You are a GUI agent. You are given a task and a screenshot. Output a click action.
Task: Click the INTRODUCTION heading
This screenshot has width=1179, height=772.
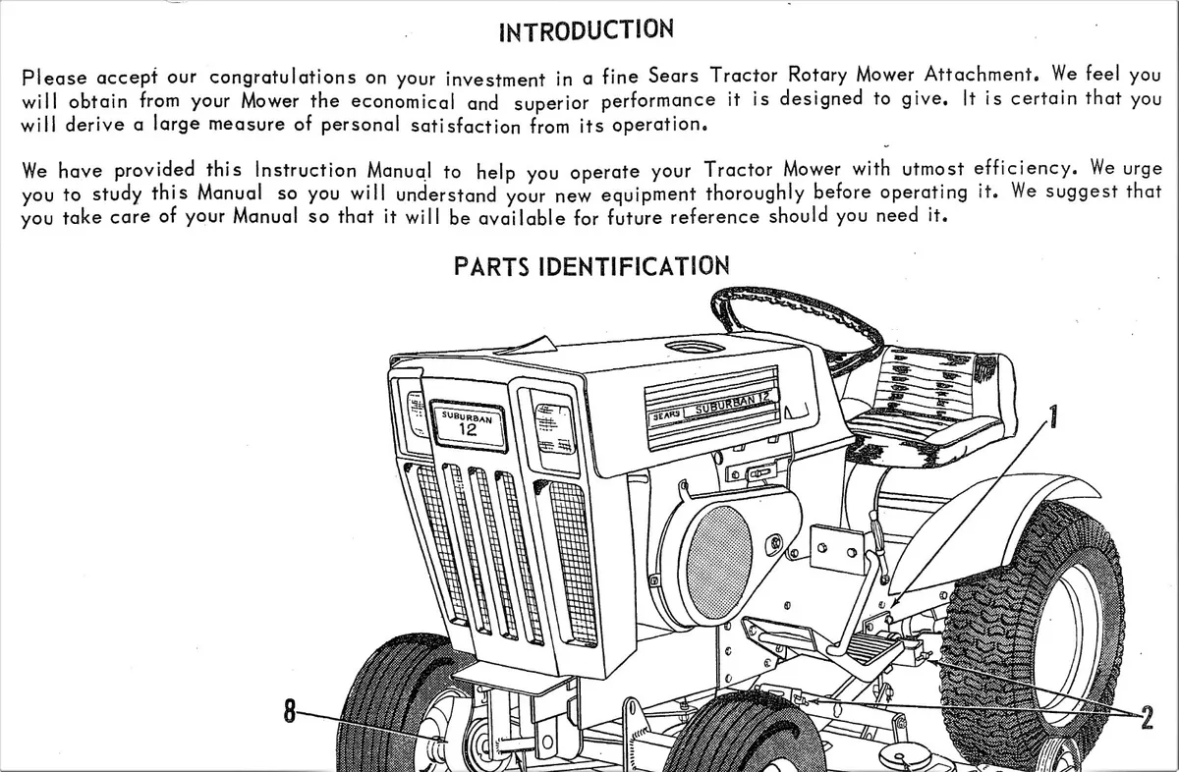pyautogui.click(x=587, y=30)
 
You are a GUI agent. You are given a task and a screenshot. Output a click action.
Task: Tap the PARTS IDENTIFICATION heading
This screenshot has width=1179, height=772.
pyautogui.click(x=591, y=266)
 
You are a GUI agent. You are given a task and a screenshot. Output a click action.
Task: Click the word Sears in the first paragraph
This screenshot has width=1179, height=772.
pyautogui.click(x=673, y=76)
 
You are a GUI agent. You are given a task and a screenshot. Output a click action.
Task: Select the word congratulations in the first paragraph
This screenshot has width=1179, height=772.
pyautogui.click(x=283, y=78)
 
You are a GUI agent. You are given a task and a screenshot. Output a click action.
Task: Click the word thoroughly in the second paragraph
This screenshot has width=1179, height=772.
pyautogui.click(x=755, y=193)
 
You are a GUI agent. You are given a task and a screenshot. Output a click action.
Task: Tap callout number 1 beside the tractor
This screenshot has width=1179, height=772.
pyautogui.click(x=1052, y=417)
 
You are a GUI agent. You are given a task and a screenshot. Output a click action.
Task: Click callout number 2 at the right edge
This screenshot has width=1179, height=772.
pyautogui.click(x=1148, y=717)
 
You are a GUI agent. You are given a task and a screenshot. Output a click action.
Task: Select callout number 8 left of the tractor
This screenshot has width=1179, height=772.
pyautogui.click(x=290, y=711)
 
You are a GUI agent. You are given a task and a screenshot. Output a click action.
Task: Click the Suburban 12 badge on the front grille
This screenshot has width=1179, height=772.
pyautogui.click(x=468, y=425)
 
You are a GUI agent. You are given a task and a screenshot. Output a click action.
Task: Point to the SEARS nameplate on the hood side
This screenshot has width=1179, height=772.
pyautogui.click(x=666, y=415)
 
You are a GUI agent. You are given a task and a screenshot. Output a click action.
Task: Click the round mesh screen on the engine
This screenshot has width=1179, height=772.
pyautogui.click(x=719, y=563)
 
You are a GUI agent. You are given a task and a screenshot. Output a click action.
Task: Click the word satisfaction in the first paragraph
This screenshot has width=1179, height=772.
pyautogui.click(x=466, y=126)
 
